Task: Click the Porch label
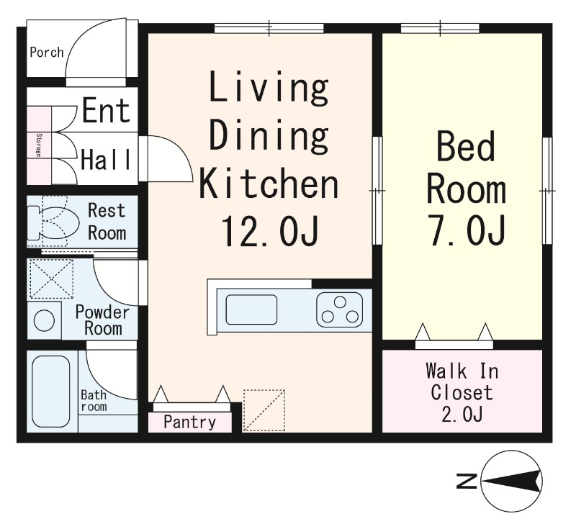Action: [x=47, y=52]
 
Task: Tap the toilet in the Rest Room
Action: [x=53, y=223]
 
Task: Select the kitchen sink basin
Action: [x=251, y=310]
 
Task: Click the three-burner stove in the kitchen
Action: [x=339, y=310]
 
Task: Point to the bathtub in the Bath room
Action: [x=50, y=391]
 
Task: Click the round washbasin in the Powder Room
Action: [x=44, y=320]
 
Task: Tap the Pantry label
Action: [x=189, y=423]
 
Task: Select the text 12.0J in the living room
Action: [x=269, y=230]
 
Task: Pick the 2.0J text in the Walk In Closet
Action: [x=462, y=415]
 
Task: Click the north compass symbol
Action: [x=512, y=481]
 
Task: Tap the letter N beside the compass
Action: [x=467, y=481]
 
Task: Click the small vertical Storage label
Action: [x=38, y=145]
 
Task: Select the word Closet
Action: [x=462, y=392]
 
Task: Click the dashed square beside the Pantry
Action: [x=264, y=410]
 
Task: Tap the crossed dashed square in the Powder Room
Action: [x=51, y=279]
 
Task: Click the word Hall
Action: [x=106, y=159]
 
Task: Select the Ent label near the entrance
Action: [x=106, y=110]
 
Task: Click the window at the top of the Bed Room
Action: [x=440, y=28]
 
